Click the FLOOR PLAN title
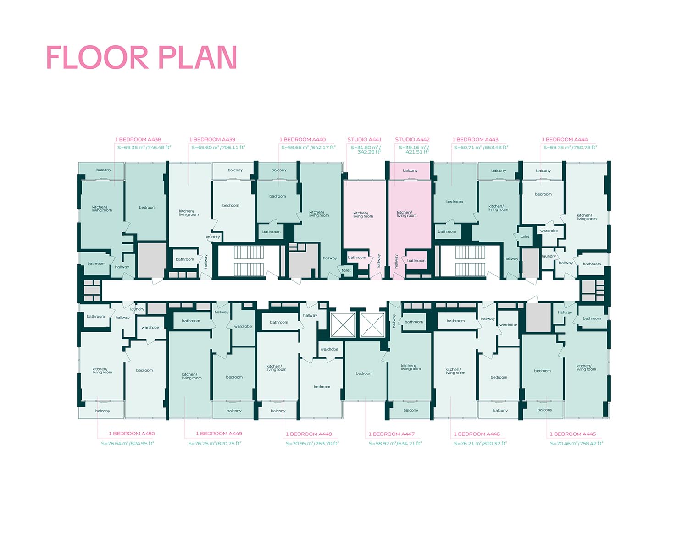(142, 57)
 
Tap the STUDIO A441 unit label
(364, 139)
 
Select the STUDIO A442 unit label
(412, 139)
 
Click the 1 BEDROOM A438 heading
(138, 139)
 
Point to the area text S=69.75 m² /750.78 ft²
(570, 148)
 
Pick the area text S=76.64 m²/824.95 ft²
(128, 444)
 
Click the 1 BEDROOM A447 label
(392, 434)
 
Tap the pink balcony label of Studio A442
(410, 170)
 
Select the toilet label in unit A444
(525, 236)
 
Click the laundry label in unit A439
(213, 237)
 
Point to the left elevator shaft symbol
(343, 325)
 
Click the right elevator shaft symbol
(372, 325)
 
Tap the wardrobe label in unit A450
(150, 327)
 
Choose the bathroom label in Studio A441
(357, 257)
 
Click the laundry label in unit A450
(137, 309)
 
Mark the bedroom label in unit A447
(364, 373)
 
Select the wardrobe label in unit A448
(329, 349)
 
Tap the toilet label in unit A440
(346, 270)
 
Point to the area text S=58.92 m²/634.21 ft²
(395, 444)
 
